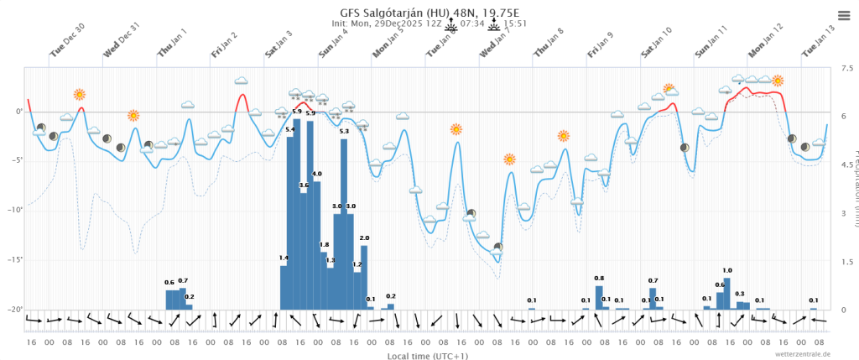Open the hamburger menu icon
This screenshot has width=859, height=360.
click(843, 15)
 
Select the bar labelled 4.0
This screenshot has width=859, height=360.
click(317, 243)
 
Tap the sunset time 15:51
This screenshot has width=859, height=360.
click(515, 24)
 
